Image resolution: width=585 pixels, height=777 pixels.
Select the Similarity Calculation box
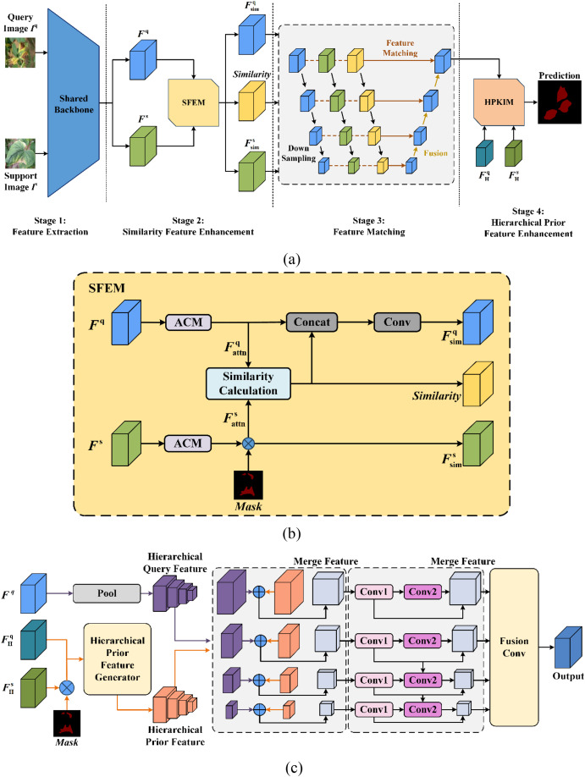[x=249, y=383]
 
